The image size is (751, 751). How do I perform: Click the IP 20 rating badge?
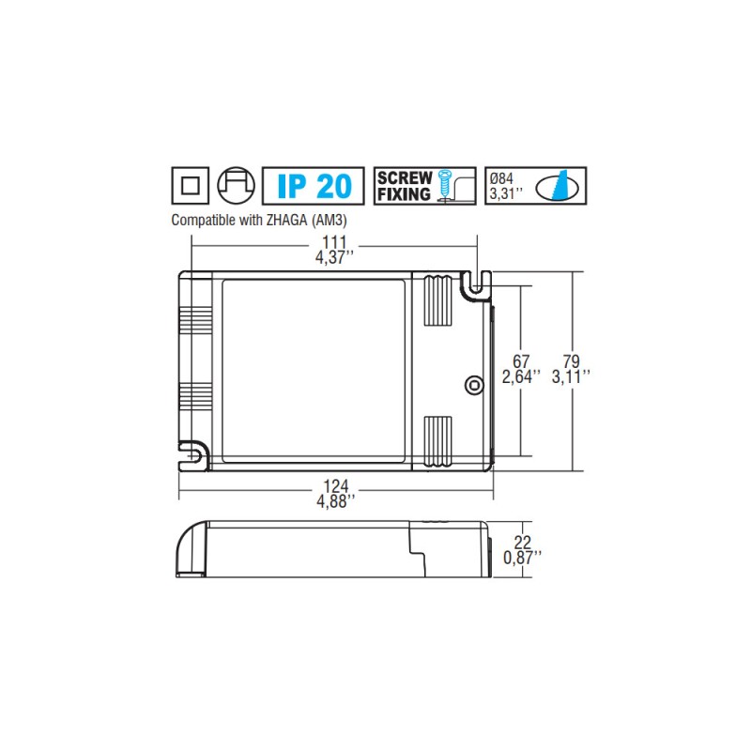pos(313,185)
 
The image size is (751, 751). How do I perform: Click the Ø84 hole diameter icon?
pos(536,185)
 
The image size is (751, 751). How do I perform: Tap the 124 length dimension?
pos(336,486)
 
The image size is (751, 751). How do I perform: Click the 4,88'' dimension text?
pos(336,501)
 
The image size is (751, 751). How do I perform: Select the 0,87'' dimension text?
pos(522,557)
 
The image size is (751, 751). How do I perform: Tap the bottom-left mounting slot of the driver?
pos(193,455)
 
